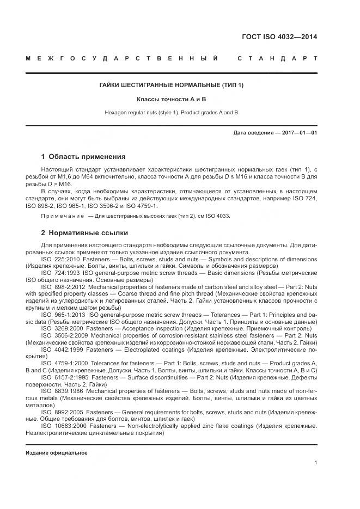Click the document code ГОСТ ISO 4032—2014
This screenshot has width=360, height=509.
279,38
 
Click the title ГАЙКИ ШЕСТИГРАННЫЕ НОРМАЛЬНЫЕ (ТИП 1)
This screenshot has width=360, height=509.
171,85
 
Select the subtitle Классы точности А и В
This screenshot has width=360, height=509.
171,99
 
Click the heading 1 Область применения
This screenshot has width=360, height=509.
83,157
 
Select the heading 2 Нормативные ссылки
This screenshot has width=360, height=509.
84,232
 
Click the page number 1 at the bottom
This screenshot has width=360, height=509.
316,463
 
